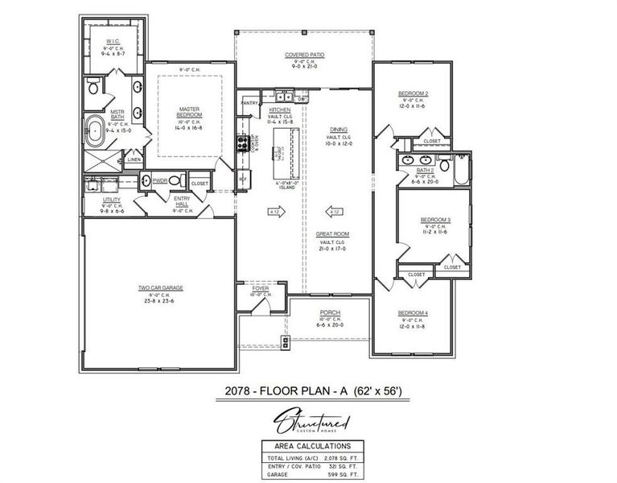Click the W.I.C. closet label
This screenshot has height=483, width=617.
tap(113, 39)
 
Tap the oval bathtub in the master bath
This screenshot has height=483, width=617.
tap(95, 130)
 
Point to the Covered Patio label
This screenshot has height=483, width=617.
tap(304, 56)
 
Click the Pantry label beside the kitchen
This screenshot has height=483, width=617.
tap(249, 103)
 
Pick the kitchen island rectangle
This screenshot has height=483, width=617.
tap(285, 154)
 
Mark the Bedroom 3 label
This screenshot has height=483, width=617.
tap(436, 220)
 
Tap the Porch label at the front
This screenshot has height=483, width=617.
tap(329, 312)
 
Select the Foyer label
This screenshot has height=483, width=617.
tap(261, 287)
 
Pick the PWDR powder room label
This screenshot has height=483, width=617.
tap(160, 181)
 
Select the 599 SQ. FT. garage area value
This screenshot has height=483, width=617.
tap(342, 474)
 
